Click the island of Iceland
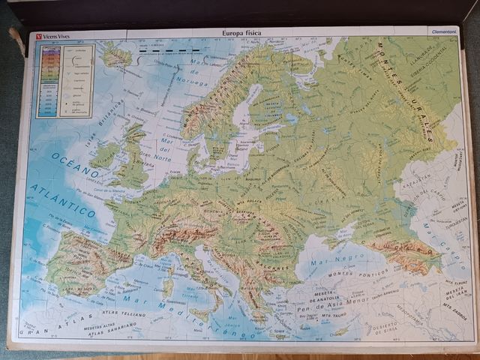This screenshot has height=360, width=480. tap(115, 55)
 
